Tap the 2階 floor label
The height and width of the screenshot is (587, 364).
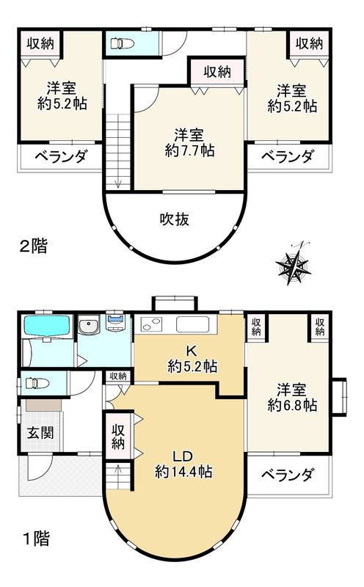click(x=33, y=246)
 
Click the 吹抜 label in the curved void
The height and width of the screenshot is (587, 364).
click(x=173, y=219)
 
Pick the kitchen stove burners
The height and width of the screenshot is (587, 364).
click(x=152, y=324)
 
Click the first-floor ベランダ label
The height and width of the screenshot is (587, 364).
click(x=287, y=475)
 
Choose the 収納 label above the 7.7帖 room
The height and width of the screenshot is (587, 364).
click(x=218, y=73)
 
